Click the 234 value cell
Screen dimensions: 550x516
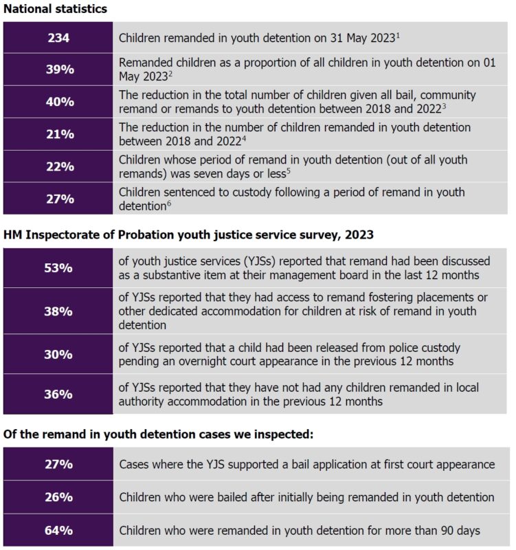tap(58, 37)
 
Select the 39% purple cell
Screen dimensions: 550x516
tap(58, 69)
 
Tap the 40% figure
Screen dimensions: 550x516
tap(58, 101)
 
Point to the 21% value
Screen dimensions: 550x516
tap(58, 134)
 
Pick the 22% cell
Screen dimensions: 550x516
tap(58, 166)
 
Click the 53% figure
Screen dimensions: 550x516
tap(58, 267)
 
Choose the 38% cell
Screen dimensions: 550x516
tap(58, 311)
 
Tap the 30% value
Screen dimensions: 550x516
tap(58, 354)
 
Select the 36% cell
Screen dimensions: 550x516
tap(58, 394)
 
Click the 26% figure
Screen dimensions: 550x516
tap(58, 496)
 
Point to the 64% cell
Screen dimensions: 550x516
tap(58, 530)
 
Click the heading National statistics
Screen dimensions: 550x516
tap(54, 10)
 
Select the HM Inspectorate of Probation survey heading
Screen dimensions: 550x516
tap(188, 234)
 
